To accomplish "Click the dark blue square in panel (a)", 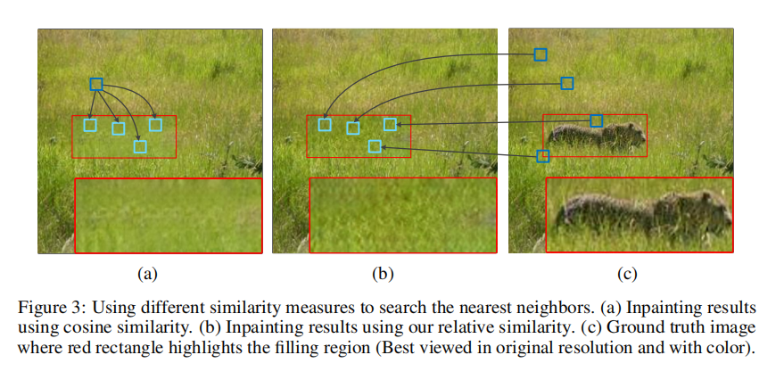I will [x=96, y=84].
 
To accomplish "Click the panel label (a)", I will [x=147, y=273].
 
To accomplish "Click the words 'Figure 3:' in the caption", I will [x=48, y=307].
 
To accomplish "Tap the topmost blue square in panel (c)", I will [x=541, y=54].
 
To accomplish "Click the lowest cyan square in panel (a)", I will [x=140, y=146].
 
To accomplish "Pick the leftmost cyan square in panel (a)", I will [x=90, y=125].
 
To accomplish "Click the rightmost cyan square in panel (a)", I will [x=155, y=125].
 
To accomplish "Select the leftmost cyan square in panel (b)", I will [x=325, y=125].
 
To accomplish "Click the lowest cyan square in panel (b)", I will [x=375, y=146].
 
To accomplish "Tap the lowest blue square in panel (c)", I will [x=543, y=156].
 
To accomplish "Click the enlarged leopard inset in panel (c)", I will [x=639, y=214].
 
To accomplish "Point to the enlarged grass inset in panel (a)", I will [x=168, y=215].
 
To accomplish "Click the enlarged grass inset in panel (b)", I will [x=402, y=215].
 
